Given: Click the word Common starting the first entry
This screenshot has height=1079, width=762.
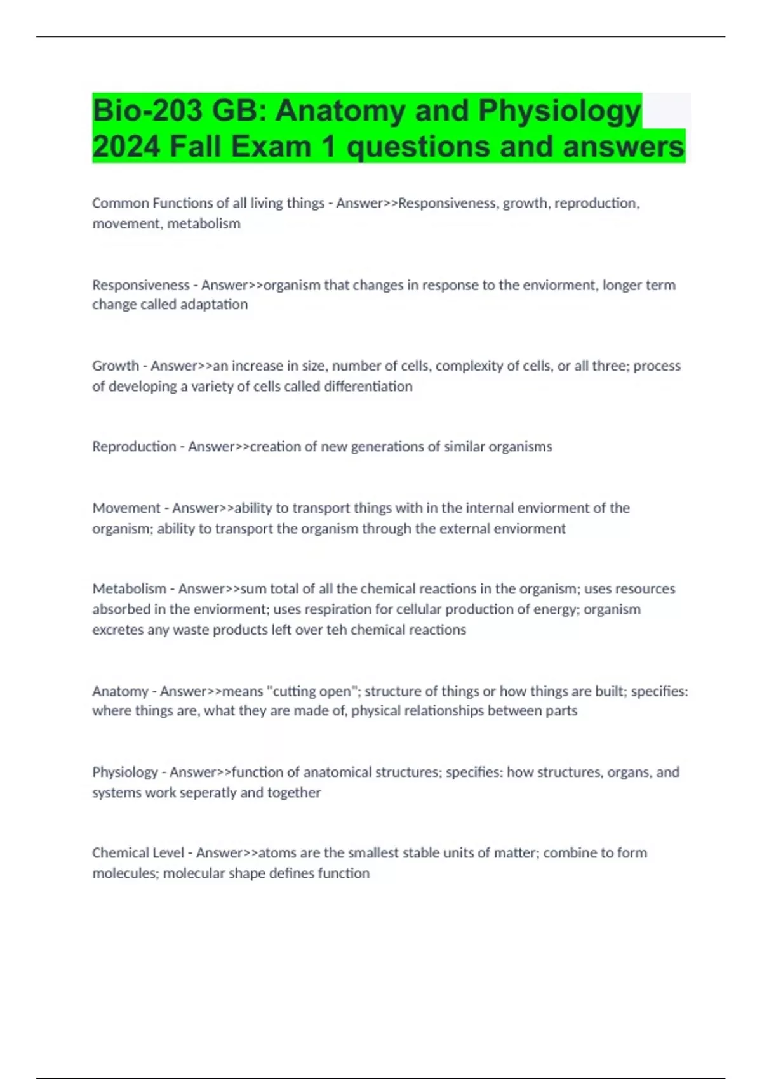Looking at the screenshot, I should (120, 203).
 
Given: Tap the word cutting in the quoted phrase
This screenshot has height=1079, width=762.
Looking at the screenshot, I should (294, 691).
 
